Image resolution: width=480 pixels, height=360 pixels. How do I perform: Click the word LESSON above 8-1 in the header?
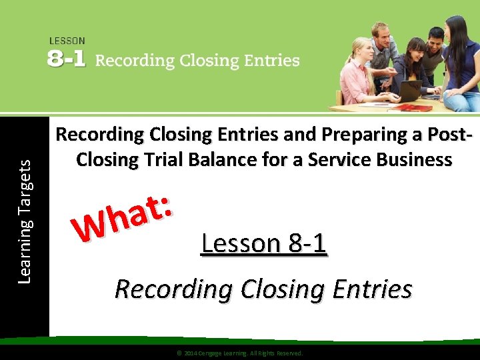(x=67, y=41)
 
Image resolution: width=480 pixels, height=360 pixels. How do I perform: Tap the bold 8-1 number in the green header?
(x=67, y=60)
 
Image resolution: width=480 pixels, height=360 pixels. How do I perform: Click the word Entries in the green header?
(x=271, y=61)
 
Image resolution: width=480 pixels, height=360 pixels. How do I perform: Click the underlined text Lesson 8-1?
(x=264, y=243)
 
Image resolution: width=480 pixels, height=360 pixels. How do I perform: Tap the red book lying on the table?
(x=413, y=107)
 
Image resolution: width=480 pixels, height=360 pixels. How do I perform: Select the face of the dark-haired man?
(x=437, y=39)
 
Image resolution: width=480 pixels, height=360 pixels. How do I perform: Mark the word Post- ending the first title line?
(x=447, y=135)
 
